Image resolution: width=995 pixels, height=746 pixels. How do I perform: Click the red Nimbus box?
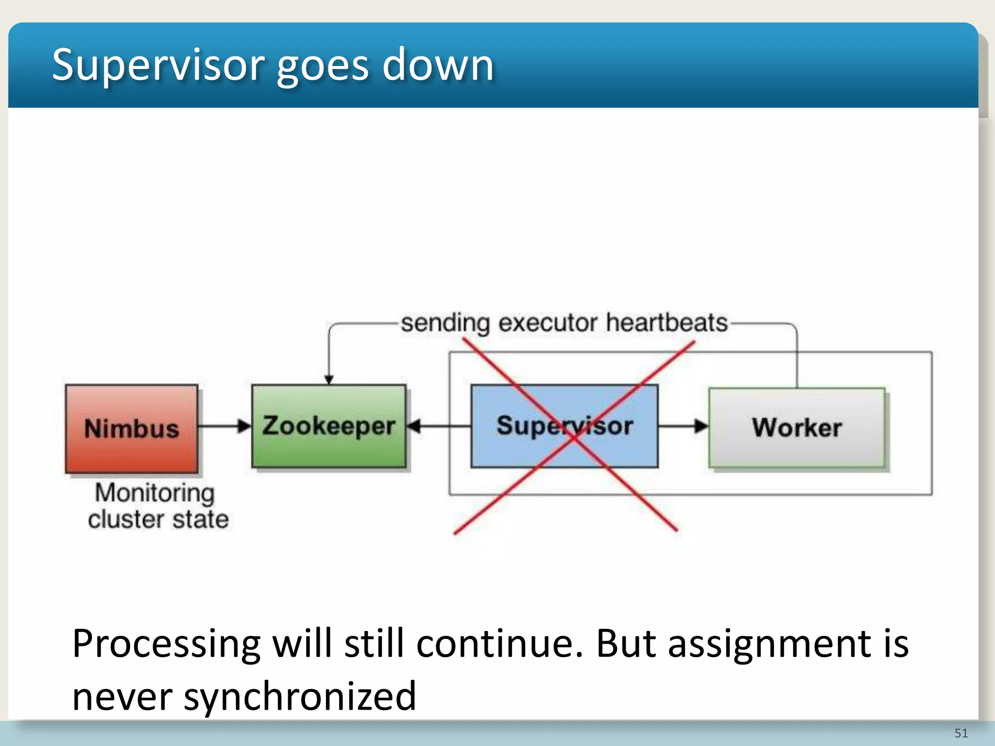point(132,428)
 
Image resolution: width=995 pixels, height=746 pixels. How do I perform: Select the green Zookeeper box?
point(328,426)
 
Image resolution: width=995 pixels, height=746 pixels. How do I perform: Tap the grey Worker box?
point(797,427)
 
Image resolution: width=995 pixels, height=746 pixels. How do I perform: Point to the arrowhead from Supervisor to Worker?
point(701,426)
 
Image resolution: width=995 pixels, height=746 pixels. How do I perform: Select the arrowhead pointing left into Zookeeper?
point(414,426)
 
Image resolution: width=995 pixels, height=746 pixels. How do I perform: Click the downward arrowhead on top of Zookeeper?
point(329,379)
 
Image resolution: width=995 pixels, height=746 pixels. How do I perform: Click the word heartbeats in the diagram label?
point(667,323)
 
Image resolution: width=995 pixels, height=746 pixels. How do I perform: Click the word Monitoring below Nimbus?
point(154,493)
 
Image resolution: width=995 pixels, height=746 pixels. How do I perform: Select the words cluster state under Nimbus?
point(158,519)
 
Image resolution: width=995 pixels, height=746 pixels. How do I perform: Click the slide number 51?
point(961,733)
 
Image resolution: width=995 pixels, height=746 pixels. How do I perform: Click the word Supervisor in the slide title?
point(158,66)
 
